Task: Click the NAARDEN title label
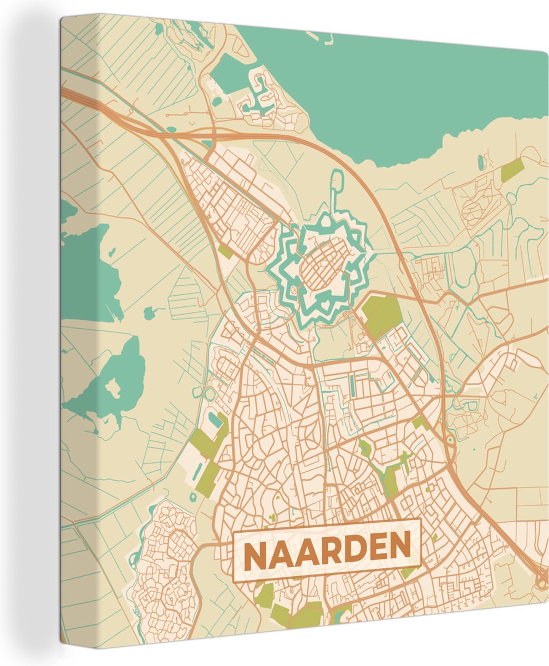point(327,550)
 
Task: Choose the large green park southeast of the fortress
point(382,315)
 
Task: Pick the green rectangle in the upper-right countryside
point(512,170)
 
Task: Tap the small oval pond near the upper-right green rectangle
point(480,162)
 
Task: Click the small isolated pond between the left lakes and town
point(150,312)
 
